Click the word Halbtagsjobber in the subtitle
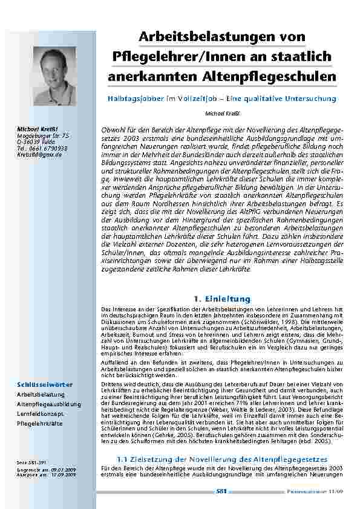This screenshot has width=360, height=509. coord(135,98)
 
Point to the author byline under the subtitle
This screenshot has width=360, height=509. coord(221,112)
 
